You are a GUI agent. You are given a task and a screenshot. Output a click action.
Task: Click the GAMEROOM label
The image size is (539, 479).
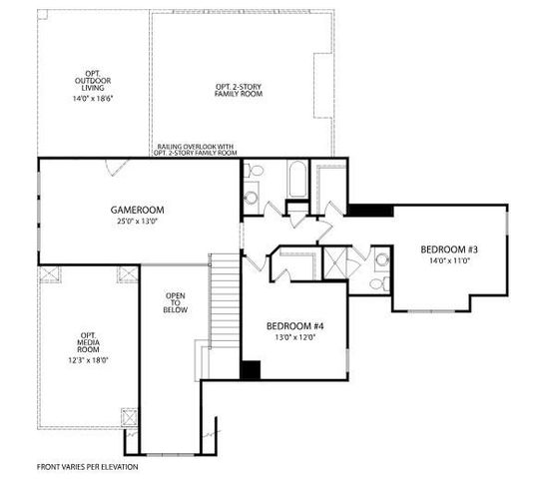tap(137, 210)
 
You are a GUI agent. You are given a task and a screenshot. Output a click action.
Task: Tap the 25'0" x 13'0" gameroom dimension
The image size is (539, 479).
tap(137, 222)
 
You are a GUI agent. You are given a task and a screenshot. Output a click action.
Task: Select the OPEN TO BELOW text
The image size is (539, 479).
tap(175, 302)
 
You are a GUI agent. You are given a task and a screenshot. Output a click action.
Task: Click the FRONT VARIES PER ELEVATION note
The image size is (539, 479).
tap(88, 466)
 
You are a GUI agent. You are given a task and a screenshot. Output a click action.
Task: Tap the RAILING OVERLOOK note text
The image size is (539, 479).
tap(197, 151)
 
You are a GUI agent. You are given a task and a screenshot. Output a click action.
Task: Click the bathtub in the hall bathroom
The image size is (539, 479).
tap(297, 182)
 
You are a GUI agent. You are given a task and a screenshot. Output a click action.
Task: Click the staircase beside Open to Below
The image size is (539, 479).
tap(225, 299)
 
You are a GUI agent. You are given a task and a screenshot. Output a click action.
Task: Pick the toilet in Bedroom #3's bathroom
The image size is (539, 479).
tap(380, 262)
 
